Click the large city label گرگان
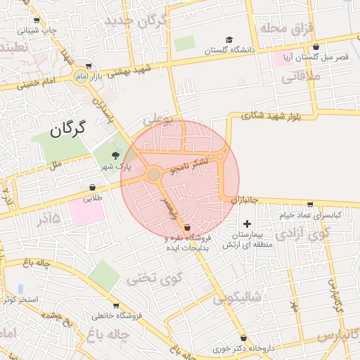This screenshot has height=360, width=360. (x=68, y=128)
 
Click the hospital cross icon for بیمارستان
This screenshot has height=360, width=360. (x=247, y=223)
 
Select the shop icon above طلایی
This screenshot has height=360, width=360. (x=93, y=188)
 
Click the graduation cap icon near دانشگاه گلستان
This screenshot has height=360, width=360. (x=230, y=39)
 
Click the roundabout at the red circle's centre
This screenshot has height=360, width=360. (x=154, y=174)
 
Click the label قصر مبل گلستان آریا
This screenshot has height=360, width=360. (x=314, y=56)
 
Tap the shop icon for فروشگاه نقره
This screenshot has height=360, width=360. (x=187, y=228)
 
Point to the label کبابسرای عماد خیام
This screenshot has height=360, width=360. (x=310, y=214)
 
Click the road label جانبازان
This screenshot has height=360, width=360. (x=245, y=200)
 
